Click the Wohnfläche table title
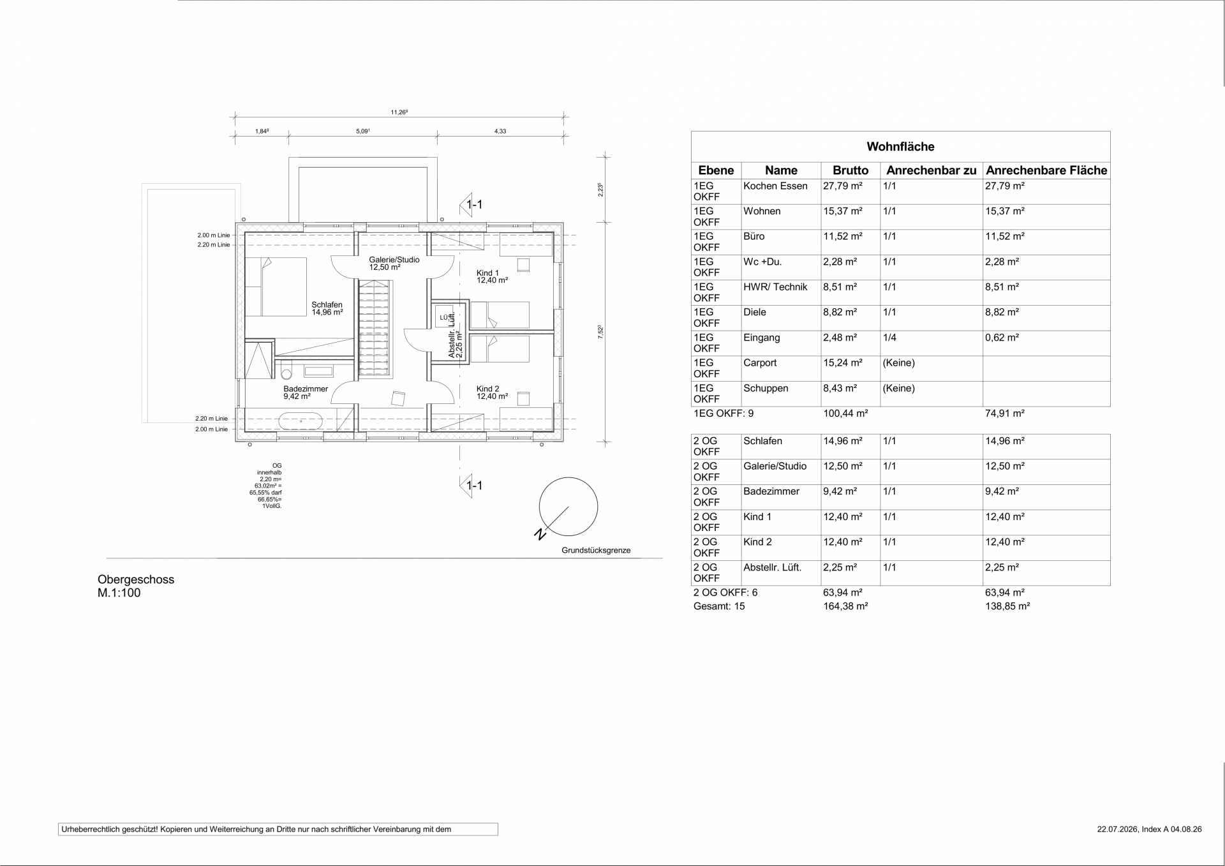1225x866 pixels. [x=900, y=147]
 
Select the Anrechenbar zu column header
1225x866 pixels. [x=931, y=170]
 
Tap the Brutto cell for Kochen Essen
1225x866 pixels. [x=842, y=186]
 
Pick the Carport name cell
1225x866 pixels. [x=760, y=363]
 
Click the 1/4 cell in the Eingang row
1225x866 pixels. [x=889, y=338]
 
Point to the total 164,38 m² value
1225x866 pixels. [x=845, y=606]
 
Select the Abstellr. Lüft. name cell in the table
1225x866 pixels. [x=772, y=567]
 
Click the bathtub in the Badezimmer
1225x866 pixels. [x=300, y=422]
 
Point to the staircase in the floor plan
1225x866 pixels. [x=375, y=330]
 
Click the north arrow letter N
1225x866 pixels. [x=540, y=534]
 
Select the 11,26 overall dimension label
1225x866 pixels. [x=399, y=112]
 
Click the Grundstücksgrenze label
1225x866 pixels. [x=596, y=550]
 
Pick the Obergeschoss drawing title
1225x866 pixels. [x=136, y=579]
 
